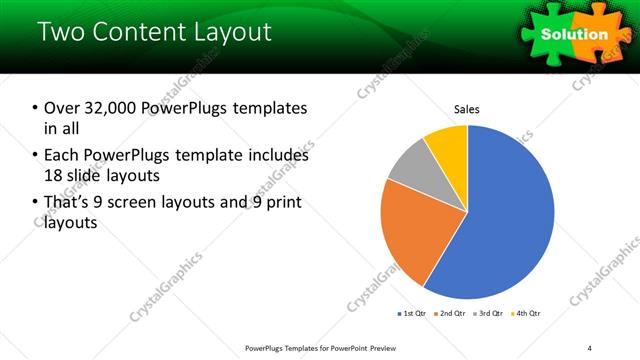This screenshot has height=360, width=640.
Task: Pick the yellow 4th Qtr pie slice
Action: tap(447, 144)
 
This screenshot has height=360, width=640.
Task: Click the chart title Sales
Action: tap(467, 108)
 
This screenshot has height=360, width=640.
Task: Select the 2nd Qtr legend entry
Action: tap(450, 314)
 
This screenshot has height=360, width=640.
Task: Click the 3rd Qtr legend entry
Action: tap(487, 314)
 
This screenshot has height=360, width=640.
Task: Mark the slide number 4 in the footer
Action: tap(590, 347)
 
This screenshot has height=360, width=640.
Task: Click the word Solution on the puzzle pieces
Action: tap(574, 34)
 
